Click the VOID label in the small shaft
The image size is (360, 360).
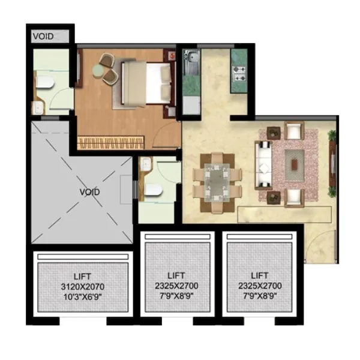43,36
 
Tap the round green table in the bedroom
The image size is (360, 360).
110,75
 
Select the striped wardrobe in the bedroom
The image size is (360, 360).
112,142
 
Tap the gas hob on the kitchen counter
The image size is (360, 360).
241,76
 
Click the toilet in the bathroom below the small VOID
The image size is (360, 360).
43,82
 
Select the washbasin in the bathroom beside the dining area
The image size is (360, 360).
143,169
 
